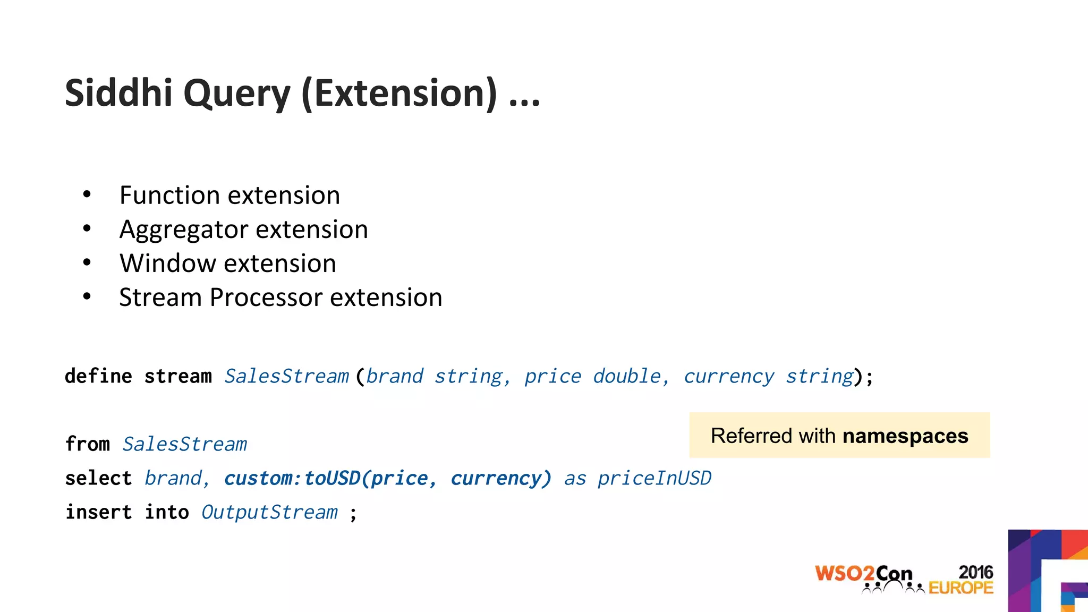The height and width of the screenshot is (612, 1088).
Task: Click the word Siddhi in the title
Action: click(x=118, y=93)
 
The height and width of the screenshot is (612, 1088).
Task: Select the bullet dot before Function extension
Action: click(x=87, y=194)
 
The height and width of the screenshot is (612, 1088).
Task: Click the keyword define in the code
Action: click(x=98, y=376)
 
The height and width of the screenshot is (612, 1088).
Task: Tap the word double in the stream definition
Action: click(x=626, y=376)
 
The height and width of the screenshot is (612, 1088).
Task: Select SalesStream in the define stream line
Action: click(x=286, y=376)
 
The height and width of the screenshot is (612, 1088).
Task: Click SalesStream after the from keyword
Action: click(x=184, y=444)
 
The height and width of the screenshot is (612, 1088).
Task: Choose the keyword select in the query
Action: click(x=98, y=478)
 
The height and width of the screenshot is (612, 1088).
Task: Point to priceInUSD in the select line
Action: click(x=654, y=478)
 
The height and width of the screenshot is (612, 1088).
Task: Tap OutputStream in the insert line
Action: click(x=269, y=512)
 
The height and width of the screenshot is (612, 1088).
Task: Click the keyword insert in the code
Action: click(x=98, y=512)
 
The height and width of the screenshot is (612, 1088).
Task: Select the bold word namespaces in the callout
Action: click(x=905, y=436)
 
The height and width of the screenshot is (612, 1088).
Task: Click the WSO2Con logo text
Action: click(x=863, y=574)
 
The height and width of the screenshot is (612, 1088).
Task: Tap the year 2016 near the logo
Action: click(x=975, y=572)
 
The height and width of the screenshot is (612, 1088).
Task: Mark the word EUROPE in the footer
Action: click(x=960, y=588)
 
